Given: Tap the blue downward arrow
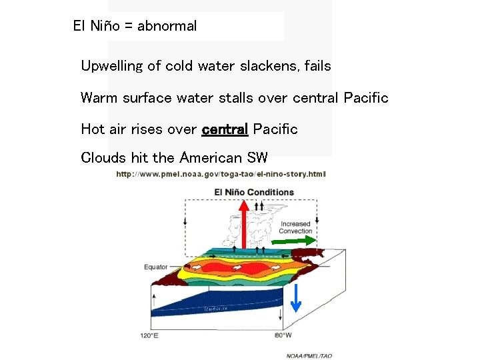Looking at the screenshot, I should click(297, 297).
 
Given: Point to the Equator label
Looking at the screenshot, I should click(156, 267).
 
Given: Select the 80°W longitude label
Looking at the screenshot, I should click(283, 335).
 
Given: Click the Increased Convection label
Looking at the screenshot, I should click(295, 227).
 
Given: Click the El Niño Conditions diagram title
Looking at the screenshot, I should click(254, 192).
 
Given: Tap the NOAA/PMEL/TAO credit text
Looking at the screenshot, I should click(309, 355).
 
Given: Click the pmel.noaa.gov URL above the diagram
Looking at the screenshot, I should click(221, 174).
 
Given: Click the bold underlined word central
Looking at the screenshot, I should click(225, 129).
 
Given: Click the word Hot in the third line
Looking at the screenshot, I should click(93, 129).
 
